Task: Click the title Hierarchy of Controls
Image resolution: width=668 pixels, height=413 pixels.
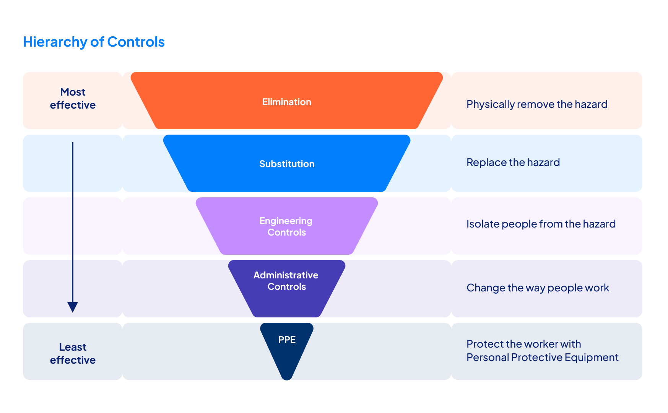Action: [94, 42]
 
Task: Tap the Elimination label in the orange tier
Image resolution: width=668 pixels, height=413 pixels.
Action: [287, 102]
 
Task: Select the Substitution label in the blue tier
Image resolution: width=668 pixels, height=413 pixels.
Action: [287, 164]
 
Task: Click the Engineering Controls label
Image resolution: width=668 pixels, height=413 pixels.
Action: [286, 227]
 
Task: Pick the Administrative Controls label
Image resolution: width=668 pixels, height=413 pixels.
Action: [286, 281]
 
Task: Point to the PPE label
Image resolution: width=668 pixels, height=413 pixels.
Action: [287, 340]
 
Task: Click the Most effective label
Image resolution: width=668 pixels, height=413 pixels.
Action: [73, 99]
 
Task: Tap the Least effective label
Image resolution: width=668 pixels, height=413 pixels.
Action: [73, 354]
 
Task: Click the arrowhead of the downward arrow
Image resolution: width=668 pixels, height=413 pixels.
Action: [73, 307]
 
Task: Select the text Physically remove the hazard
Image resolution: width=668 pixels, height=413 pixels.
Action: [537, 104]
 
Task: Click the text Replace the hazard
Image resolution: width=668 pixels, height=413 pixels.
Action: [513, 163]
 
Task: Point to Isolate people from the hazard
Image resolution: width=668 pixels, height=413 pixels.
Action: [541, 224]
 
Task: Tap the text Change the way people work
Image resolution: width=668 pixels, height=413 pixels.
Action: [538, 288]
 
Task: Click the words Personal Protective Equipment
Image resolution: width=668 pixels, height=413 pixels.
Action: [543, 358]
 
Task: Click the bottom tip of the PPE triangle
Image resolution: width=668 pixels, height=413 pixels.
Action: [287, 379]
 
